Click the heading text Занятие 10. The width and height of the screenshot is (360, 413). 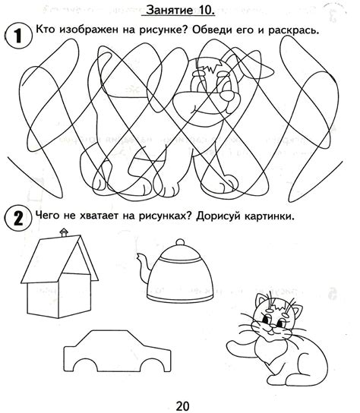click(181, 10)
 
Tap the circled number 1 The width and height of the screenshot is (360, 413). click(18, 36)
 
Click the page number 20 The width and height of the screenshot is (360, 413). click(182, 406)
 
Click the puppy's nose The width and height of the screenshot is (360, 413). click(227, 96)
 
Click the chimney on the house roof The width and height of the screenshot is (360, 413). click(64, 233)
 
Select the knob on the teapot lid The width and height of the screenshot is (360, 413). click(180, 241)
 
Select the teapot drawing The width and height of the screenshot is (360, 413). click(175, 271)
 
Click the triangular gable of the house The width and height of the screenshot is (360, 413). click(77, 260)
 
